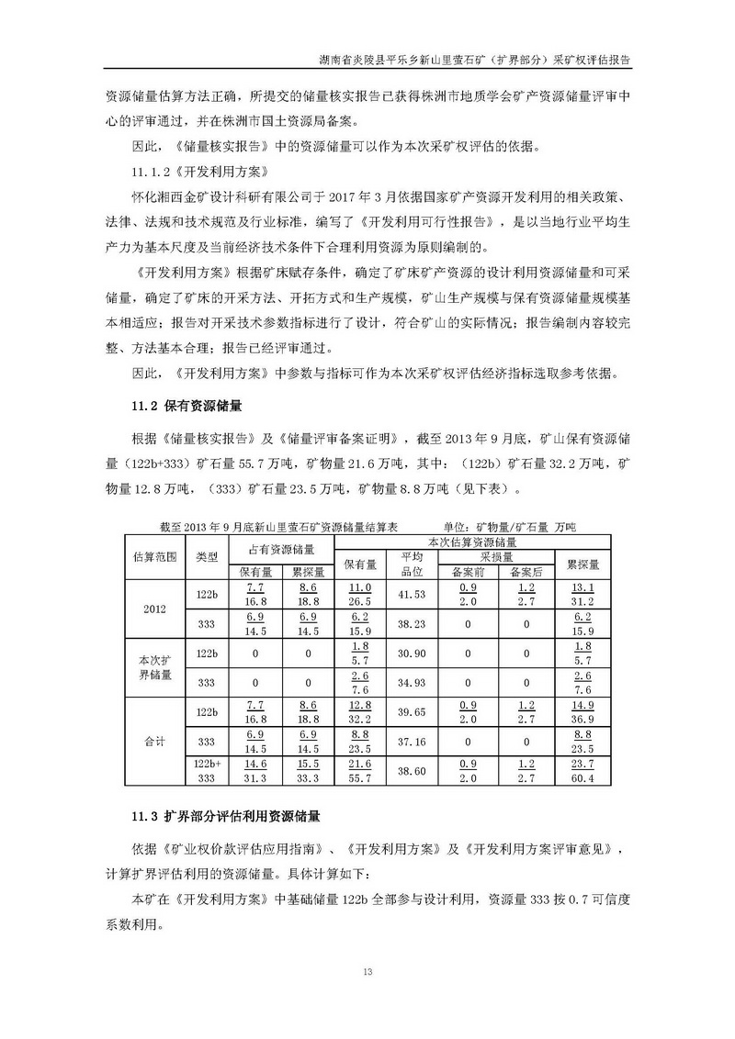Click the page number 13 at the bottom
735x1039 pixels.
point(367,971)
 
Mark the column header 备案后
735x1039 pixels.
point(526,572)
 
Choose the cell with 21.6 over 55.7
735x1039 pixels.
point(358,773)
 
